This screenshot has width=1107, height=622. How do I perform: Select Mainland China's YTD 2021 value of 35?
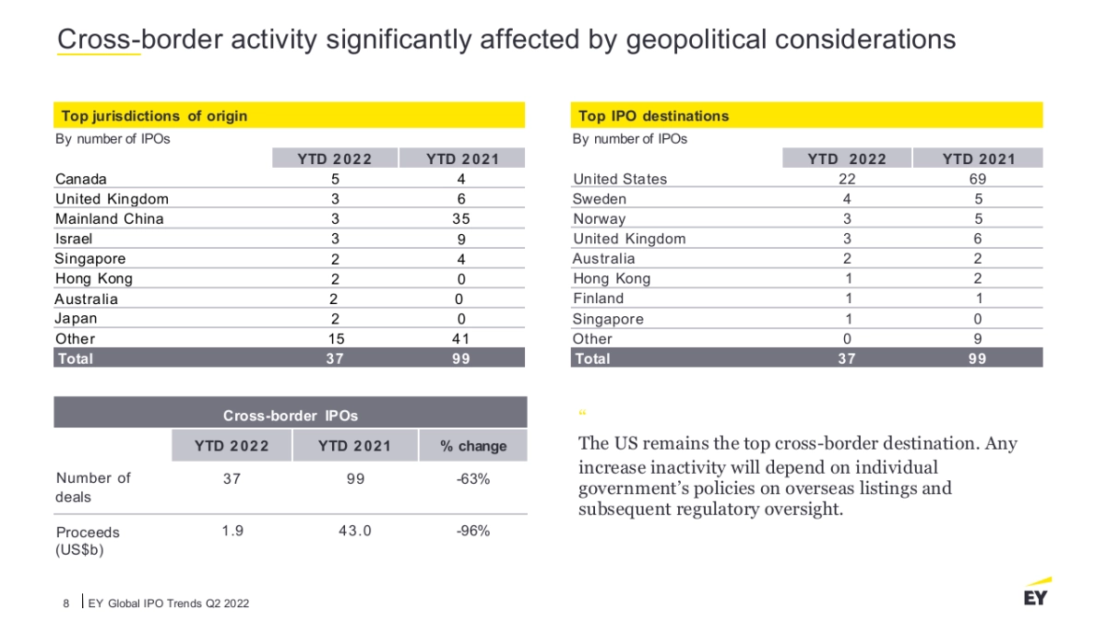[x=461, y=218]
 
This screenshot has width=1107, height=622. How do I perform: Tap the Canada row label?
[x=81, y=179]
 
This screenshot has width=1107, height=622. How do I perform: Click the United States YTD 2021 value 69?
[x=978, y=179]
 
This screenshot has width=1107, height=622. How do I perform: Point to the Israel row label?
[x=74, y=239]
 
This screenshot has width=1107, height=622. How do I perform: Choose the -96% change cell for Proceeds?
[x=473, y=531]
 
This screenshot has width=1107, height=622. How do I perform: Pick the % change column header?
[x=473, y=446]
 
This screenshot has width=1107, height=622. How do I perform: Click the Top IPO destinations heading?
[x=653, y=116]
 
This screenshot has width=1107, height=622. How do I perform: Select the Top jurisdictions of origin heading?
[x=154, y=116]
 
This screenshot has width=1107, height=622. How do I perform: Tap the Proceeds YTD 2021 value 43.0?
[x=354, y=531]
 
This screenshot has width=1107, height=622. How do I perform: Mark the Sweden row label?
[x=600, y=199]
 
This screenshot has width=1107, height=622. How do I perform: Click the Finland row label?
[x=598, y=299]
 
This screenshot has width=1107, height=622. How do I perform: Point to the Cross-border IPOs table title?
[x=291, y=415]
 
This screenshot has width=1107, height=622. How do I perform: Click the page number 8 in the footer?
[x=66, y=604]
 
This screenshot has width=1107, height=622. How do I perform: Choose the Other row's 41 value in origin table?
[x=461, y=338]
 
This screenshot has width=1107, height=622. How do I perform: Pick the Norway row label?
[x=599, y=219]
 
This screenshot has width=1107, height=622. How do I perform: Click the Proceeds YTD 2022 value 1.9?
[x=232, y=531]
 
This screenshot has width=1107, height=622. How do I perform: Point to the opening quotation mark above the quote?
[x=583, y=414]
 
